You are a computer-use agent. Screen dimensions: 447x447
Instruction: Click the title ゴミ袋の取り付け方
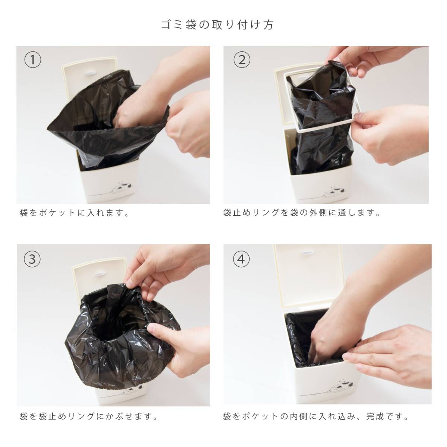click(217, 25)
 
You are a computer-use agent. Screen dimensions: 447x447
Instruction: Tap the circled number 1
click(33, 60)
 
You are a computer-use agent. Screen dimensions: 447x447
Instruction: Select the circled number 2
click(242, 60)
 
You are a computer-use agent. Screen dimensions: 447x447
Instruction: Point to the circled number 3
click(32, 259)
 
